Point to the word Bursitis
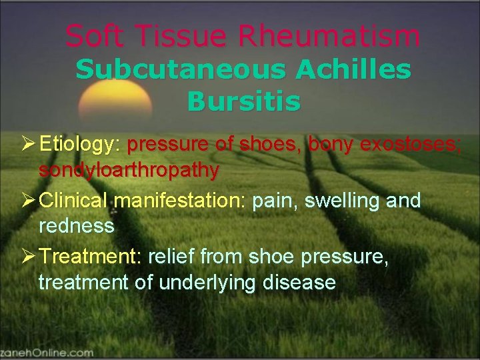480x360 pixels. click(243, 102)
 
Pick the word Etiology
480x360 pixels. click(80, 144)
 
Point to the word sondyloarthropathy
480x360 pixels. click(129, 171)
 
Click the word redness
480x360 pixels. click(77, 226)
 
